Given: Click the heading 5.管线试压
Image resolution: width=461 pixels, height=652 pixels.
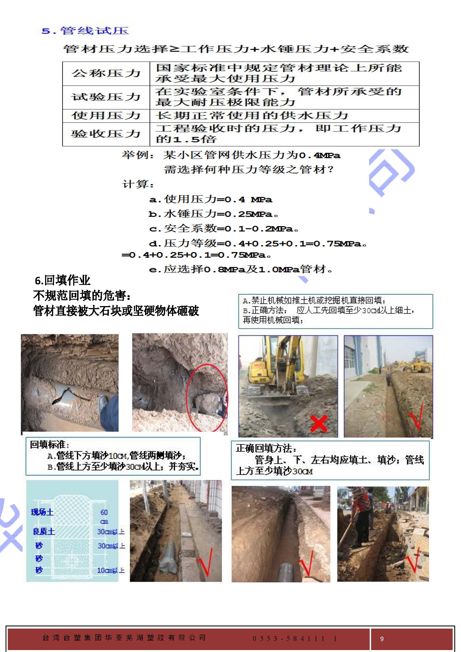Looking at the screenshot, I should click(85, 31).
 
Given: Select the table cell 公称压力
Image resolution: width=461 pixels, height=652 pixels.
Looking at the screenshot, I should click(106, 73).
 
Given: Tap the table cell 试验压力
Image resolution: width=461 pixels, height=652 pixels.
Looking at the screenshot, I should click(106, 97).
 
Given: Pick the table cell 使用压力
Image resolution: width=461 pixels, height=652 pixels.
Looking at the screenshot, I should click(106, 116).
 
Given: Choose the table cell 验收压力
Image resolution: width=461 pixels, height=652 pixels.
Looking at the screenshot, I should click(106, 134).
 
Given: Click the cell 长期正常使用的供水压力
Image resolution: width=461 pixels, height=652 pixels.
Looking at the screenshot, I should click(251, 116).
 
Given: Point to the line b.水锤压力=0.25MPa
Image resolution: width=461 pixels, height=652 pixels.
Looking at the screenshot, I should click(213, 214).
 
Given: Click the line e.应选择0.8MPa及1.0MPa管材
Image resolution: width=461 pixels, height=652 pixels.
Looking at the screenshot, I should click(241, 269).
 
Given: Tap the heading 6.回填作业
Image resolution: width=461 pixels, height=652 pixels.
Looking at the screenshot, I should click(62, 280).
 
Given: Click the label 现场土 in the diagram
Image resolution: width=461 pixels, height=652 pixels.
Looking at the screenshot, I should click(42, 512).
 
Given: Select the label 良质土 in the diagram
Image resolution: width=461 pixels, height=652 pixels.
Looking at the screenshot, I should click(44, 531).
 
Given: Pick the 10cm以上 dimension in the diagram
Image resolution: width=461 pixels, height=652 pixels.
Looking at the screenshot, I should click(111, 570).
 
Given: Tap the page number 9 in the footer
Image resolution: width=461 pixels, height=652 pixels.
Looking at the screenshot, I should click(382, 639).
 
